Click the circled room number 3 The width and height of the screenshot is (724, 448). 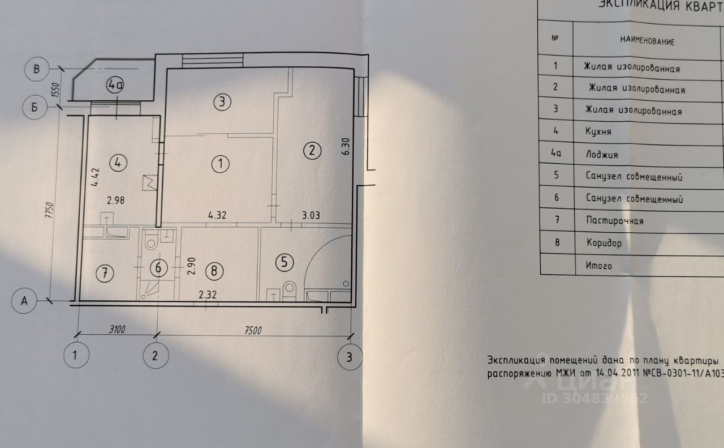point(222,102)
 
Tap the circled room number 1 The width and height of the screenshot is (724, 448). point(220,164)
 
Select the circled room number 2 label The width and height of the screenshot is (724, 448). point(312,151)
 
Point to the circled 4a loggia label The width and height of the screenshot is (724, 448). point(115,86)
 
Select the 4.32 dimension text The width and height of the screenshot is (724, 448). point(218,215)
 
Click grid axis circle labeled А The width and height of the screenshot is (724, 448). point(24,301)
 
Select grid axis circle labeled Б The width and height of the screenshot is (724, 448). point(35,107)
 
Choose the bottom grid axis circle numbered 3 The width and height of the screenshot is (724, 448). point(349,357)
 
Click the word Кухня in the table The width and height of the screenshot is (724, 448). point(598,132)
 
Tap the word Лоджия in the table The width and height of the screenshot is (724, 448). point(602,154)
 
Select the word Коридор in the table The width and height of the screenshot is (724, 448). point(604,243)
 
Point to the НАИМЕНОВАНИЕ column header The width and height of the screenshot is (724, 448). point(647,41)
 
